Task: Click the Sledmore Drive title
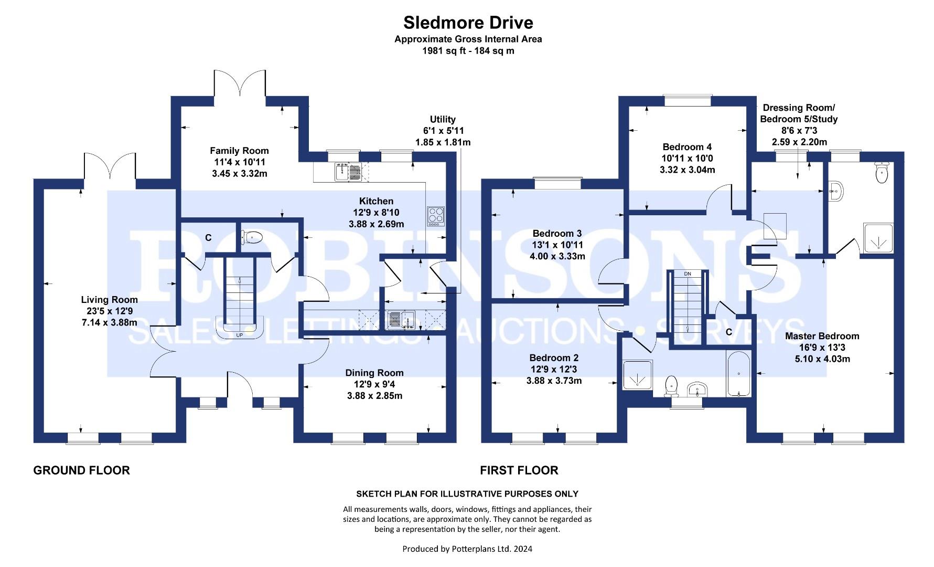pos(468,23)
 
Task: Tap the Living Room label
pos(110,300)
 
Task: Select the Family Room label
pos(240,151)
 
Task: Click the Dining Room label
pos(374,373)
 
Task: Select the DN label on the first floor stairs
pos(688,274)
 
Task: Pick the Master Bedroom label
pos(822,336)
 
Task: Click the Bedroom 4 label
pos(687,147)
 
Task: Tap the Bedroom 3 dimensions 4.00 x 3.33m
pos(557,256)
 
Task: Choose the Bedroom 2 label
pos(554,358)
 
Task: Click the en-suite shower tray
pos(878,237)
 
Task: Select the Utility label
pos(443,119)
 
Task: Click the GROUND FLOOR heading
pos(81,470)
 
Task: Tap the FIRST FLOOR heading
pos(519,470)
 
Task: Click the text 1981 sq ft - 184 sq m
pos(468,51)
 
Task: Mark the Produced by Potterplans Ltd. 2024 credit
pos(467,549)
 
